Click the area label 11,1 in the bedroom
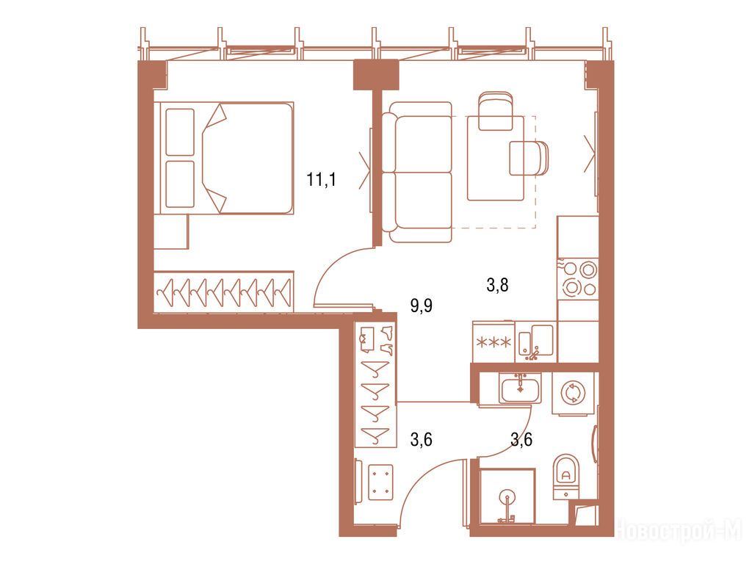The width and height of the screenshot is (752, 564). pos(322,181)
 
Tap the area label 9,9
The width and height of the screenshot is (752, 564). pos(422,305)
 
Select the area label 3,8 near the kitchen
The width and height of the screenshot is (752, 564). pos(497,286)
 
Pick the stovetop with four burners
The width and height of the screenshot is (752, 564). pos(579,278)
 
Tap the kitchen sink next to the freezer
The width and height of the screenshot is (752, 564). pos(535,342)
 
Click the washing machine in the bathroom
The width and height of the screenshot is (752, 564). pos(573,393)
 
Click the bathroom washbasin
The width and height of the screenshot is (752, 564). pos(521,388)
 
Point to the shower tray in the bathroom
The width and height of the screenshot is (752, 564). pos(507,497)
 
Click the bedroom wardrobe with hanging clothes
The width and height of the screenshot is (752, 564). pos(223,292)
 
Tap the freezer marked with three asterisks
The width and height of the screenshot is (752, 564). pos(493,342)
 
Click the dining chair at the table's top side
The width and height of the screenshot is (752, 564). pos(496,111)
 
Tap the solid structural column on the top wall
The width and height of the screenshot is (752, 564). pos(376,74)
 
